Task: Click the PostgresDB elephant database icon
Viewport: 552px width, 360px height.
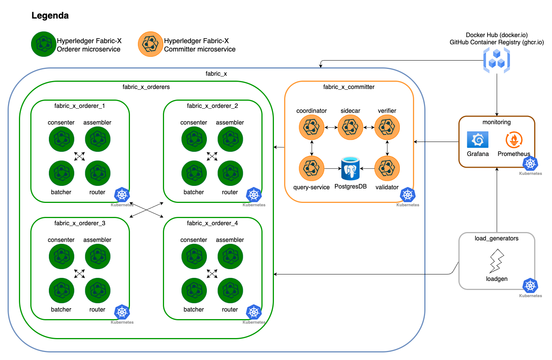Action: click(x=350, y=168)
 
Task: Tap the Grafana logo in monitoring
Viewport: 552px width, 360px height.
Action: click(x=477, y=140)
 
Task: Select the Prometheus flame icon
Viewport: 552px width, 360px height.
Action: click(x=514, y=140)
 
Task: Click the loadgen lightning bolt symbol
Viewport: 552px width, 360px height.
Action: click(x=497, y=261)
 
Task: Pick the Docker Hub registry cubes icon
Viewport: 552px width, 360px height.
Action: click(x=497, y=61)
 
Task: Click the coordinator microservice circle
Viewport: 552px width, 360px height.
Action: click(x=311, y=127)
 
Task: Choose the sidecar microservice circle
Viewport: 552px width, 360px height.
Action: click(x=350, y=127)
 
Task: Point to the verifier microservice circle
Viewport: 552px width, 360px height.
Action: click(x=387, y=127)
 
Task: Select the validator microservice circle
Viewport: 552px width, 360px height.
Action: click(x=387, y=168)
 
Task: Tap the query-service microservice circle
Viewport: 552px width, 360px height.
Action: click(x=311, y=168)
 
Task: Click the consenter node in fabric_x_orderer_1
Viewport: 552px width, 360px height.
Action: click(x=61, y=139)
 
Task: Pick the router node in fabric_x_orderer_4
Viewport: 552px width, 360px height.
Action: click(x=230, y=290)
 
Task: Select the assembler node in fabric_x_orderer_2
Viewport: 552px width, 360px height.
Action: click(x=230, y=139)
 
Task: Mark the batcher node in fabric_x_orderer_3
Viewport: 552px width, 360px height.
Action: click(x=61, y=290)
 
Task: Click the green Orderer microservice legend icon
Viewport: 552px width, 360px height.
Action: click(x=44, y=44)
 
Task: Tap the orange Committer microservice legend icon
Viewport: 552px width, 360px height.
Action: click(x=150, y=44)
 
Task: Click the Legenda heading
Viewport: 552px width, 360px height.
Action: click(x=50, y=16)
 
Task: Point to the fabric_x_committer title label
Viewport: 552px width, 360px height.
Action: click(x=349, y=87)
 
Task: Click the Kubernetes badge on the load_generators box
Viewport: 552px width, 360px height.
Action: click(x=530, y=286)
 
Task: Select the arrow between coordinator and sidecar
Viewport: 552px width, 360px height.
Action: click(x=331, y=128)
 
